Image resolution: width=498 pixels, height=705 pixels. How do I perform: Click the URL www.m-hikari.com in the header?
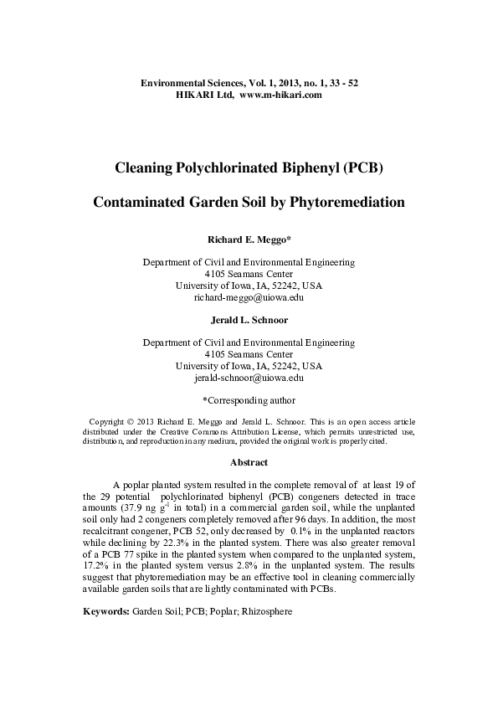(x=281, y=96)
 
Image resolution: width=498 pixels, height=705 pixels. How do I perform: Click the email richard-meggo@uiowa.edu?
(x=249, y=297)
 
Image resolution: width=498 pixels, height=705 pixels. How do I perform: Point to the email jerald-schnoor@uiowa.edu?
(x=249, y=378)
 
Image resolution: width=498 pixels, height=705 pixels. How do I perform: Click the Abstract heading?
(x=249, y=462)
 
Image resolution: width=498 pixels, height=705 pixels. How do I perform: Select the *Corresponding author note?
(x=249, y=400)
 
